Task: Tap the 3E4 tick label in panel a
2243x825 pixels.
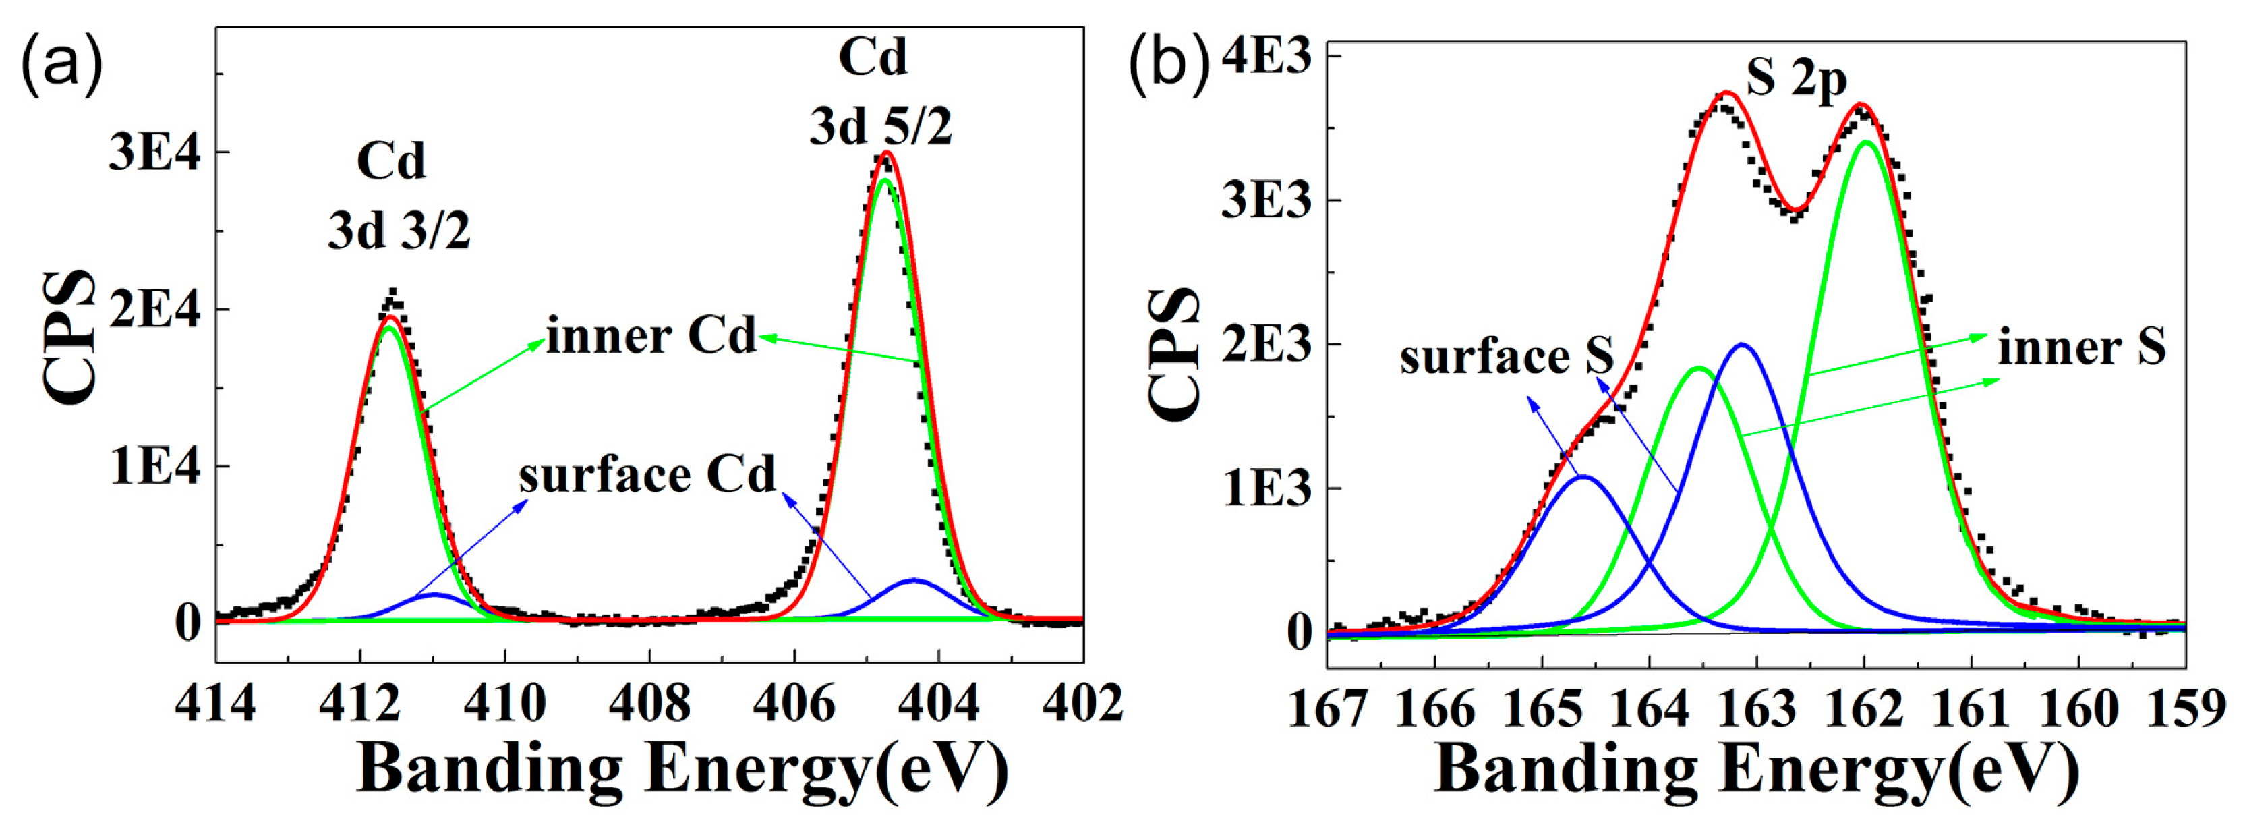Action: pos(154,153)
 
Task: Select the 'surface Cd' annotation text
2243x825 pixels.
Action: pos(646,476)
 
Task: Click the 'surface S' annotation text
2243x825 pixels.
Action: pos(1507,357)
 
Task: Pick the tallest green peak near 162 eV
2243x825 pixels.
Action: pos(1866,142)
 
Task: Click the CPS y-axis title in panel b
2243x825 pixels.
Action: pos(1173,355)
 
